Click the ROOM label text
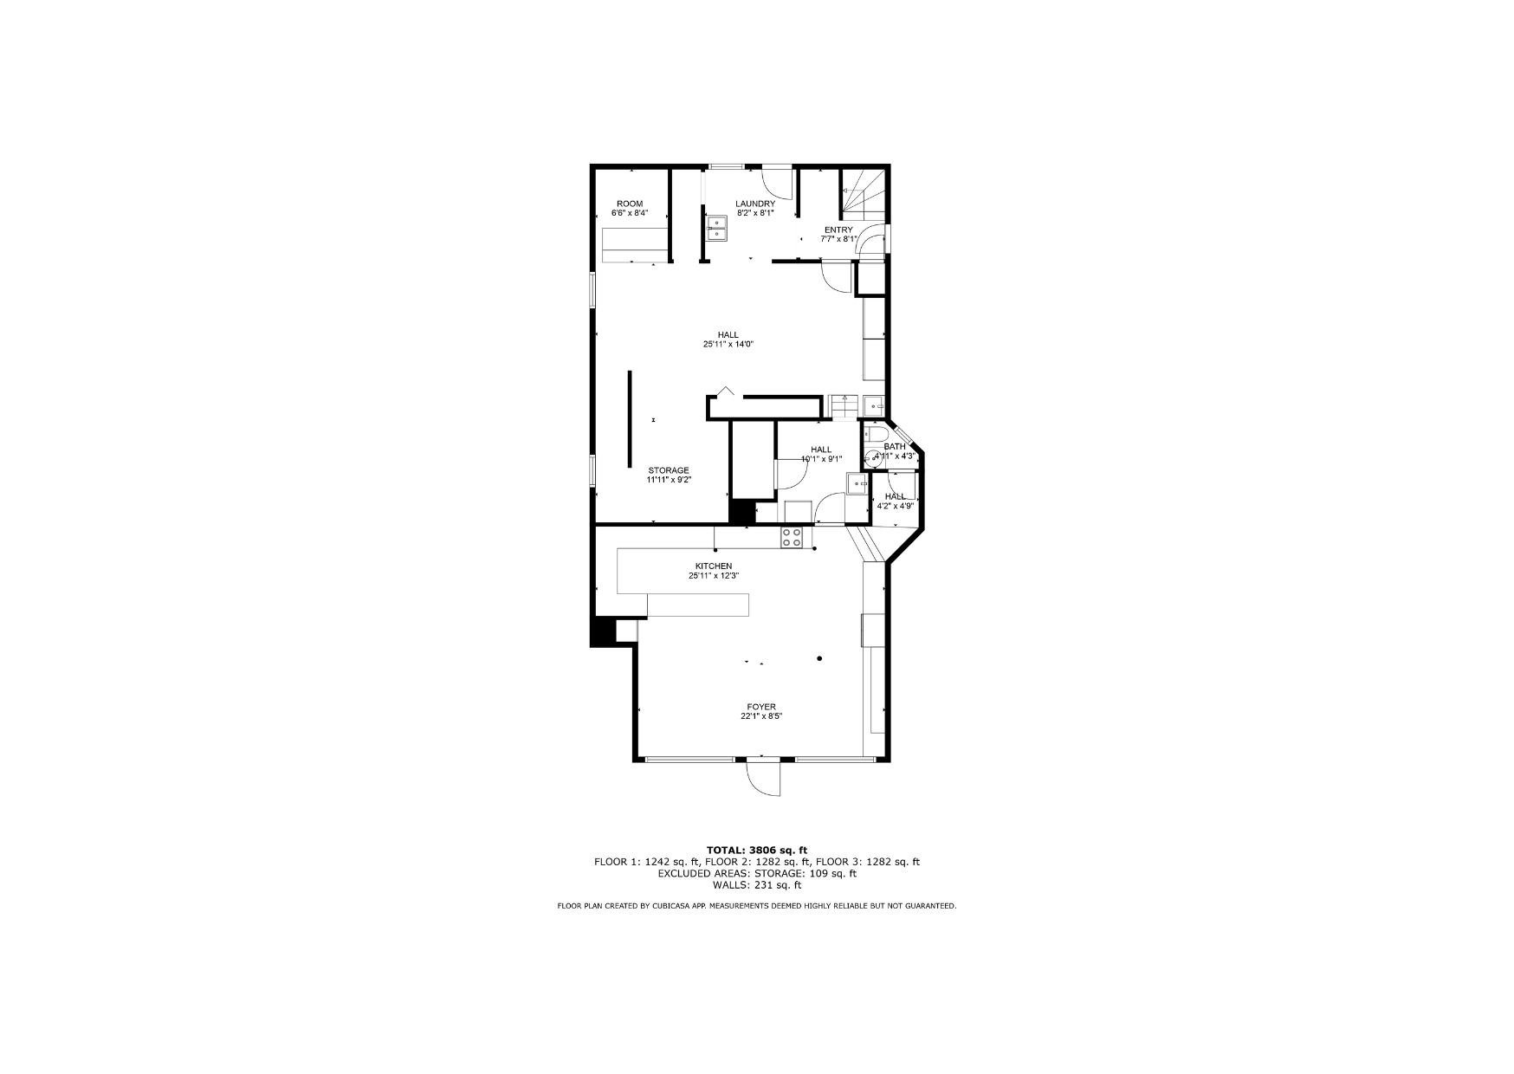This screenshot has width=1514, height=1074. (630, 204)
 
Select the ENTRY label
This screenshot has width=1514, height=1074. (838, 230)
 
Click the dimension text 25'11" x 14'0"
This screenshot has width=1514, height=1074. (728, 344)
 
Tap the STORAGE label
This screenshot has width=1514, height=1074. (669, 470)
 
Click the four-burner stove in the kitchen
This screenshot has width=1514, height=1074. (792, 537)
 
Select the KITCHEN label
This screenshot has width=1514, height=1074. (714, 566)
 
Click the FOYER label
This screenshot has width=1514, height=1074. (761, 707)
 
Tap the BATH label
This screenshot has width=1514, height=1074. (895, 447)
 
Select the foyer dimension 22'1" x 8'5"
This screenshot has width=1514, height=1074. (761, 716)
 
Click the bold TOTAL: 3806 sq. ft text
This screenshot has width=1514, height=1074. (757, 850)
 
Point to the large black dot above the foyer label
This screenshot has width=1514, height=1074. (819, 658)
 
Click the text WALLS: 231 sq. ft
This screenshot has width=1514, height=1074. (757, 885)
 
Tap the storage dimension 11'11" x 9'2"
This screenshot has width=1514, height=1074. (669, 480)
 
